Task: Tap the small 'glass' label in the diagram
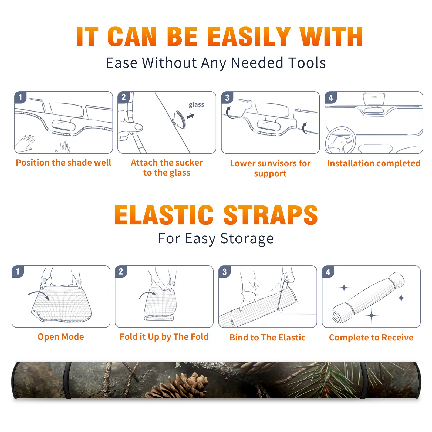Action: pyautogui.click(x=196, y=105)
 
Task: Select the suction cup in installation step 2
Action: pyautogui.click(x=179, y=119)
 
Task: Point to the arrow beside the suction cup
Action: pyautogui.click(x=190, y=116)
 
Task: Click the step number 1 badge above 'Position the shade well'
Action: pyautogui.click(x=20, y=97)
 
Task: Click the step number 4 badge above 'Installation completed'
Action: pyautogui.click(x=331, y=97)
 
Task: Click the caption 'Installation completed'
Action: pyautogui.click(x=374, y=163)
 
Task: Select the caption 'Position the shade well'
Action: pyautogui.click(x=63, y=163)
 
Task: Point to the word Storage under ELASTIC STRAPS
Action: pyautogui.click(x=247, y=239)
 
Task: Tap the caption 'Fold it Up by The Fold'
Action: pyautogui.click(x=164, y=337)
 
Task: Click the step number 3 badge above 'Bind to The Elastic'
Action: pyautogui.click(x=224, y=272)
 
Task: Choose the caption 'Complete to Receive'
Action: pyautogui.click(x=371, y=337)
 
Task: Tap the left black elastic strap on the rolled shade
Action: pyautogui.click(x=67, y=380)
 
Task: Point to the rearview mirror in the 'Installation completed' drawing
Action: pyautogui.click(x=374, y=99)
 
